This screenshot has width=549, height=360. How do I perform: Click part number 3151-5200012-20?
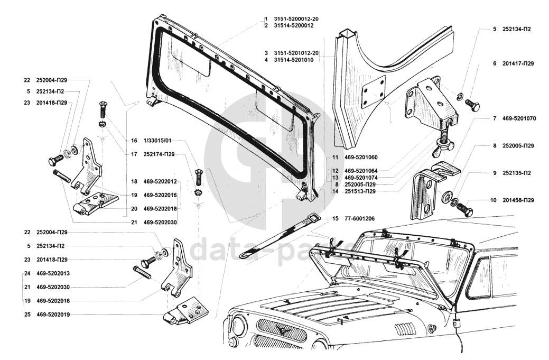tap(296, 19)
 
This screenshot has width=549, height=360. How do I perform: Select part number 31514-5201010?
tap(294, 60)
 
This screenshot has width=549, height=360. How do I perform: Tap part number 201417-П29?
tap(518, 64)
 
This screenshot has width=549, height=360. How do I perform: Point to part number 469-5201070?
tap(519, 119)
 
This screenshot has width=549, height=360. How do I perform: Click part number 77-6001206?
tap(358, 219)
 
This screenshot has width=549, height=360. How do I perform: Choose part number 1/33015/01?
tap(157, 141)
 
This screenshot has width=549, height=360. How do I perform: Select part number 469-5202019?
tap(53, 315)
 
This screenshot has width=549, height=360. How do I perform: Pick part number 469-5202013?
tap(53, 273)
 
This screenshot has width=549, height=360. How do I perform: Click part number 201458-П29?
tap(518, 201)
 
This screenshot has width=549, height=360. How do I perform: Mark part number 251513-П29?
tap(360, 191)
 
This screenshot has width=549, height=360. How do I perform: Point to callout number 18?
tap(134, 182)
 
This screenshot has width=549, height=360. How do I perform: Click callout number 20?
tap(134, 209)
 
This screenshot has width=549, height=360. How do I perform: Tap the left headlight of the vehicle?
tap(240, 323)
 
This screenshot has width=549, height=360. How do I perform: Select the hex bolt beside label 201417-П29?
tap(472, 104)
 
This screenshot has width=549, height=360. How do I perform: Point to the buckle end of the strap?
tap(314, 220)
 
